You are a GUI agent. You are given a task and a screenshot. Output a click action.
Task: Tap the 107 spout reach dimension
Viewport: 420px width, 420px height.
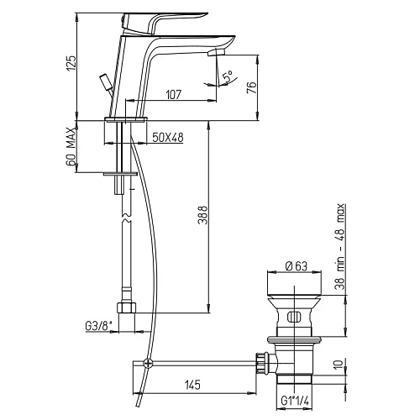pyautogui.click(x=174, y=95)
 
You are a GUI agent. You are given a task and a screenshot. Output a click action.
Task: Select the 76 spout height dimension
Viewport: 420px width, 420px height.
pyautogui.click(x=251, y=87)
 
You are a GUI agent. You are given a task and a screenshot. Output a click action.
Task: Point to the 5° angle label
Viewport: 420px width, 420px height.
pyautogui.click(x=228, y=76)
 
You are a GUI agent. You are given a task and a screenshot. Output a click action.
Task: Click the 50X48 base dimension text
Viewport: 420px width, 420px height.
pyautogui.click(x=168, y=138)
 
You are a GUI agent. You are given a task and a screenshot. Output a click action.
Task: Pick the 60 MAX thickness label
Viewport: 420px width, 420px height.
pyautogui.click(x=71, y=146)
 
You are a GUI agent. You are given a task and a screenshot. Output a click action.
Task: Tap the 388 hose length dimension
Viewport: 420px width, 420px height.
pyautogui.click(x=202, y=215)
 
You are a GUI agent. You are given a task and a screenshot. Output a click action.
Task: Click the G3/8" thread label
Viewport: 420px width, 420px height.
pyautogui.click(x=98, y=326)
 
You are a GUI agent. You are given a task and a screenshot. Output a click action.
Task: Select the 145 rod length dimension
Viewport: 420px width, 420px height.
pyautogui.click(x=192, y=385)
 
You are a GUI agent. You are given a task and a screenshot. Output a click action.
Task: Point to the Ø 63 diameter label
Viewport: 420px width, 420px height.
pyautogui.click(x=296, y=266)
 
